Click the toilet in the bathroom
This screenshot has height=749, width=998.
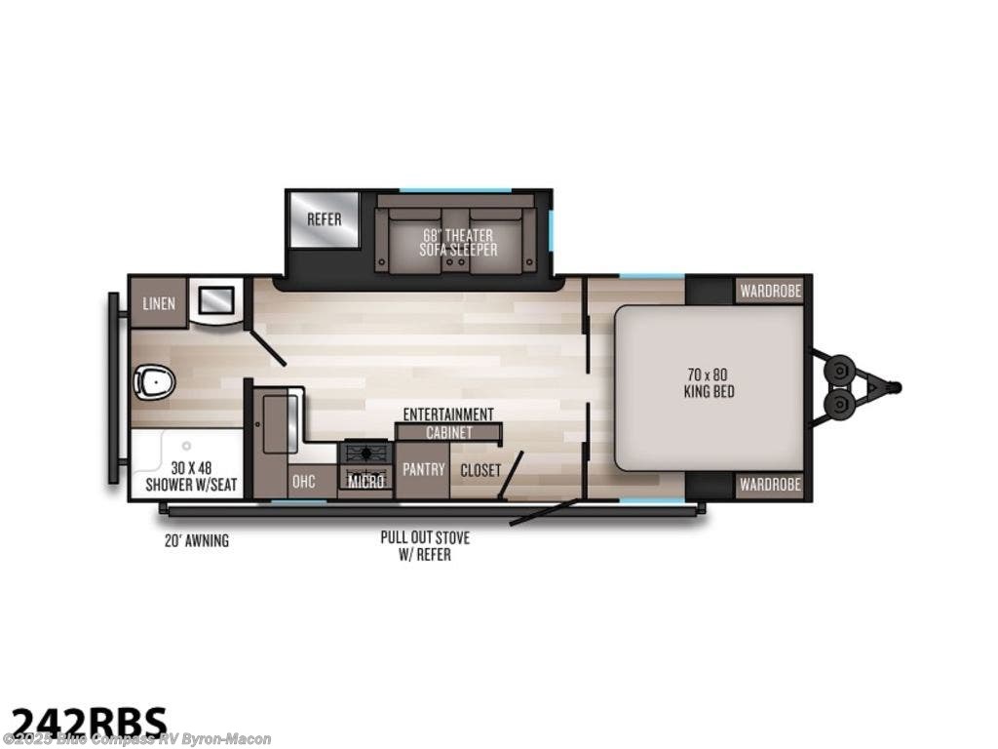[154, 382]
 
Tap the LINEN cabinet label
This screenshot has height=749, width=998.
[159, 303]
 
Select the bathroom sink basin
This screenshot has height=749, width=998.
[217, 297]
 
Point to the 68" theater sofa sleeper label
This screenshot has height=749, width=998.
[458, 243]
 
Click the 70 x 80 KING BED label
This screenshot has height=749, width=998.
[710, 382]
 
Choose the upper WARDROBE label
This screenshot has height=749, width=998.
[770, 291]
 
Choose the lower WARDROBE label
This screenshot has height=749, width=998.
[770, 485]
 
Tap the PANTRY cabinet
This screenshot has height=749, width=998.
[423, 469]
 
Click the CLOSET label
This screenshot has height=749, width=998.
[480, 470]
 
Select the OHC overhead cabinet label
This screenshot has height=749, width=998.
[304, 481]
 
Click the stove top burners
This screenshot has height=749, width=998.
[366, 453]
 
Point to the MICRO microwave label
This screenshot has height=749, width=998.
[367, 481]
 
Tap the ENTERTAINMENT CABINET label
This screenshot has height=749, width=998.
[448, 422]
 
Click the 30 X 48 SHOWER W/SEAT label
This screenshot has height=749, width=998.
[191, 476]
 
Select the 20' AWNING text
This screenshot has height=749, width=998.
[197, 540]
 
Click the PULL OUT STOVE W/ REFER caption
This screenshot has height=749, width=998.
[425, 546]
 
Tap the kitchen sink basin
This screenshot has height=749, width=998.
[280, 423]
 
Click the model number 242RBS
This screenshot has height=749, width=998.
[89, 724]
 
